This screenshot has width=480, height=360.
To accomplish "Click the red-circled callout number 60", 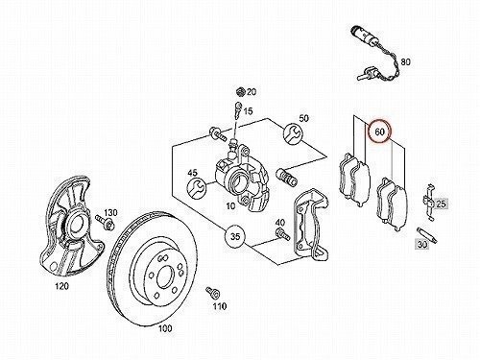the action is [x=379, y=132].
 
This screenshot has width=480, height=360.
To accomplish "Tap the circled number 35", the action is [x=235, y=237].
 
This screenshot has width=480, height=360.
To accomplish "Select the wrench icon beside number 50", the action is [x=292, y=132].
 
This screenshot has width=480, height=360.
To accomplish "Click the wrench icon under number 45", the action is [x=196, y=187].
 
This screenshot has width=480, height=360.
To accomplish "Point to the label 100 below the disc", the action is [x=165, y=328].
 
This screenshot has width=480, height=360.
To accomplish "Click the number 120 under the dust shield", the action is [x=61, y=286].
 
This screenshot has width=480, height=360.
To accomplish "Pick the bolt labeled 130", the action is [x=105, y=223].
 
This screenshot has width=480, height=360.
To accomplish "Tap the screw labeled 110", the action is [x=212, y=293].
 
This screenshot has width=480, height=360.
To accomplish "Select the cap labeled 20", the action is [x=240, y=91].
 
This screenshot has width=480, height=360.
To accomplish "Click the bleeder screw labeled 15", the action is [x=237, y=110].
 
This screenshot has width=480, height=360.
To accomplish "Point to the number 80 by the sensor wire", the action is [x=405, y=61].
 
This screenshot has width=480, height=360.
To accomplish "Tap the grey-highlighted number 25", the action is [x=441, y=204].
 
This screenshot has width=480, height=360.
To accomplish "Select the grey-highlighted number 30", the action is [x=422, y=245].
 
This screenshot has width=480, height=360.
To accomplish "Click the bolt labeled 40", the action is [x=282, y=235].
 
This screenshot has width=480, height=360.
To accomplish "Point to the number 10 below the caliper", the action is [x=230, y=206].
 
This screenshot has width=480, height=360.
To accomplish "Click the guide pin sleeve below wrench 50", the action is [x=286, y=177].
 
